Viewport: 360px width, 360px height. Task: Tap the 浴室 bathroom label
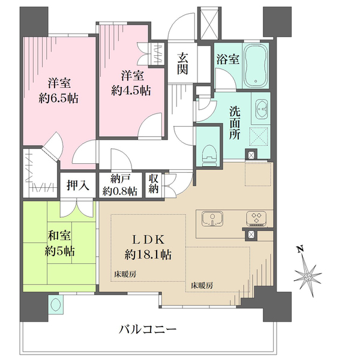pyautogui.click(x=227, y=59)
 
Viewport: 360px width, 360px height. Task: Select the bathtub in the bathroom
pyautogui.click(x=258, y=64)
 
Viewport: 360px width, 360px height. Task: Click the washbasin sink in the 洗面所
pyautogui.click(x=263, y=109)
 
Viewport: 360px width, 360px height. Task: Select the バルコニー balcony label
pyautogui.click(x=148, y=329)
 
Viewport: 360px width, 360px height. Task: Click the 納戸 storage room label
pyautogui.click(x=119, y=178)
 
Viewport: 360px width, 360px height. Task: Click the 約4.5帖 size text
pyautogui.click(x=131, y=91)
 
